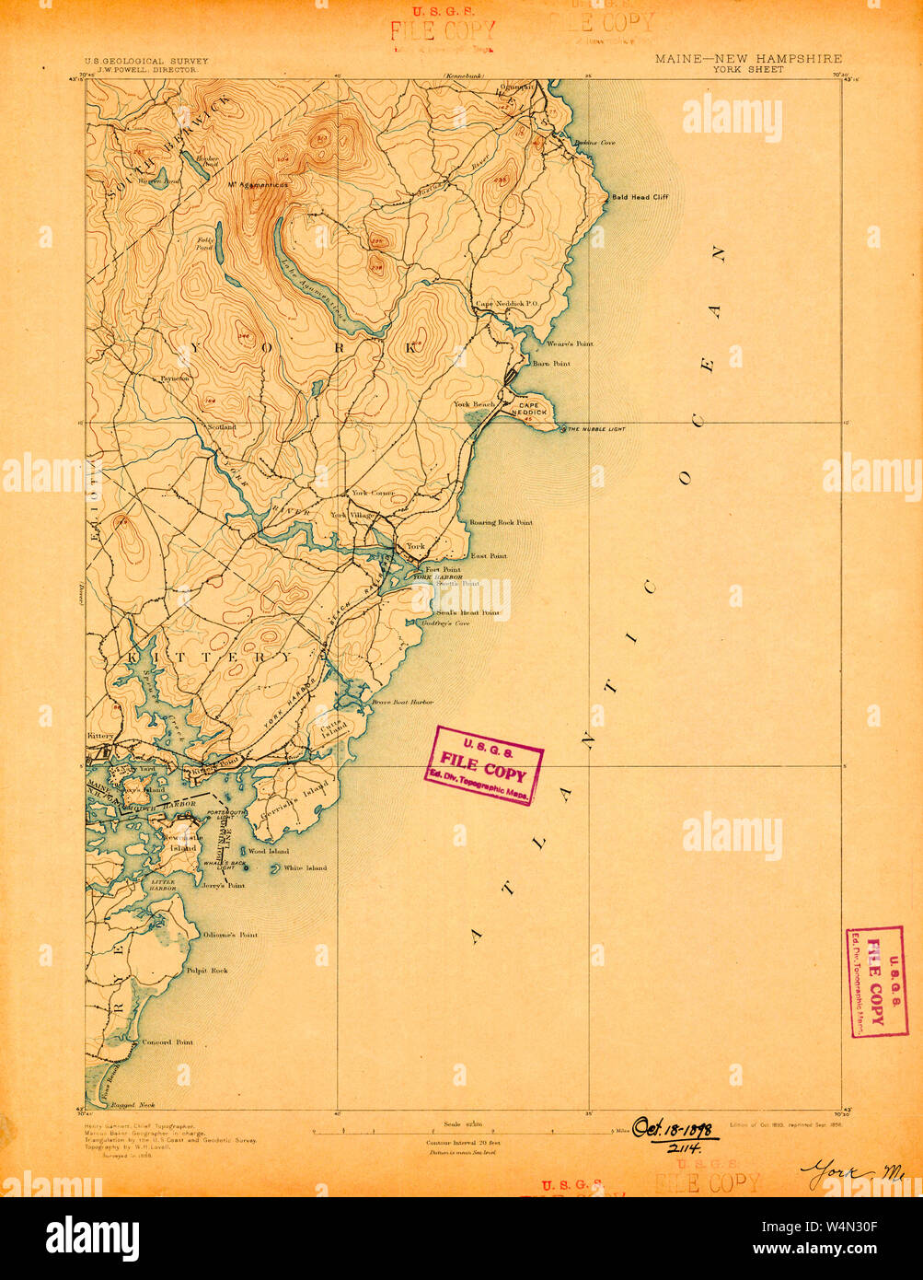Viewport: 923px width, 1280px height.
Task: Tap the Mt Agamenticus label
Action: (x=259, y=185)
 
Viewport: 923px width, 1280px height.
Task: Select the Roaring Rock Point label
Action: (x=501, y=522)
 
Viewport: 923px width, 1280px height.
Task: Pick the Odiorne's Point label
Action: (x=229, y=935)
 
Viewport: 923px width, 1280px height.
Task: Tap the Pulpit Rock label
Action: (x=206, y=971)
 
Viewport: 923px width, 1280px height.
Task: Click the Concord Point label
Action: (x=167, y=1042)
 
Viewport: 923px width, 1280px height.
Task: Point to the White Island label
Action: (x=305, y=868)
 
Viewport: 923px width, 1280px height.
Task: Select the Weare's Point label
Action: (x=570, y=343)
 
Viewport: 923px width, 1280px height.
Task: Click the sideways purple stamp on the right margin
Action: (x=876, y=982)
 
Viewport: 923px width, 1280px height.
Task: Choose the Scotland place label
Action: (x=222, y=427)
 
